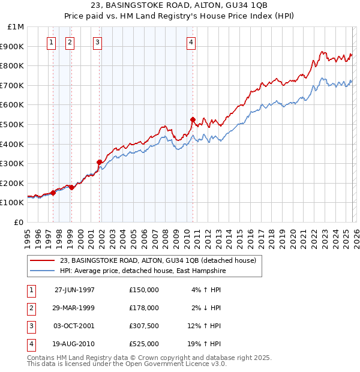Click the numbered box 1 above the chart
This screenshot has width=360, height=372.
pos(52,42)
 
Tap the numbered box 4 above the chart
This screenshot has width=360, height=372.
pos(191,42)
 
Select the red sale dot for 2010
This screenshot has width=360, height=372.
pos(193,119)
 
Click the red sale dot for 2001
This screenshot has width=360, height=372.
pos(100,162)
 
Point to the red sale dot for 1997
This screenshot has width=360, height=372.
pos(53,193)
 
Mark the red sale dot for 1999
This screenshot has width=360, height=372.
pos(72,187)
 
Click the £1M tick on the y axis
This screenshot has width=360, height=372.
pos(16,27)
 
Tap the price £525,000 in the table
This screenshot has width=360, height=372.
pos(144,344)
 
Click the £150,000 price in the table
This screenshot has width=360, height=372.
pos(144,289)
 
